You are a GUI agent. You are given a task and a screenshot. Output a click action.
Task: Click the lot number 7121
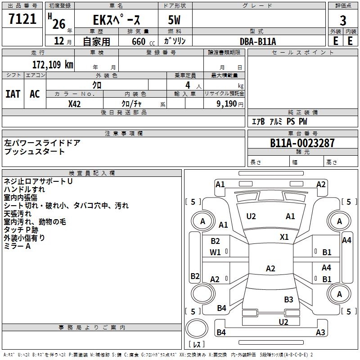pyautogui.click(x=22, y=19)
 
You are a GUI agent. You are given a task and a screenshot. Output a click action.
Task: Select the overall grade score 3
pyautogui.click(x=343, y=20)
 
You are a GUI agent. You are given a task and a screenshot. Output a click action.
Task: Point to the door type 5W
pyautogui.click(x=175, y=20)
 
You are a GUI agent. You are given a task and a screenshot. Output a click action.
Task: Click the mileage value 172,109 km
pyautogui.click(x=53, y=64)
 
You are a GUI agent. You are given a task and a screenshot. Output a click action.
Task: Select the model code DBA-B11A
pyautogui.click(x=258, y=41)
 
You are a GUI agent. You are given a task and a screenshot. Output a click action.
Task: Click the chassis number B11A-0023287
pyautogui.click(x=302, y=143)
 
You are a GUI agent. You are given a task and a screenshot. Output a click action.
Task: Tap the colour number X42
pyautogui.click(x=74, y=103)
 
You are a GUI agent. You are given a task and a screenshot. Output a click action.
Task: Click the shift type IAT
pyautogui.click(x=13, y=94)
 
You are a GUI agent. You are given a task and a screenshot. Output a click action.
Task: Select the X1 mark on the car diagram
pyautogui.click(x=284, y=237)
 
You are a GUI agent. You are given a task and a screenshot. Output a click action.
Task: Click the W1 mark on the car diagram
pyautogui.click(x=215, y=252)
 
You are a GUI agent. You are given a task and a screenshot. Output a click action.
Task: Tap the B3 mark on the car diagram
pyautogui.click(x=288, y=299)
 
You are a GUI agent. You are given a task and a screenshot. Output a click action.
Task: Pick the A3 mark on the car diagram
pyautogui.click(x=320, y=333)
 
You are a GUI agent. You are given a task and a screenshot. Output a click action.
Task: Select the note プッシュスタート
pyautogui.click(x=35, y=152)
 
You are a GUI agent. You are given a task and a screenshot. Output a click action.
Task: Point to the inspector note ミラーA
pyautogui.click(x=17, y=246)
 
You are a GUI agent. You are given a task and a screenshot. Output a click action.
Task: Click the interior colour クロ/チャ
pyautogui.click(x=132, y=103)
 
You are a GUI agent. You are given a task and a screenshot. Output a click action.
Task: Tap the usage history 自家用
pyautogui.click(x=96, y=41)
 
